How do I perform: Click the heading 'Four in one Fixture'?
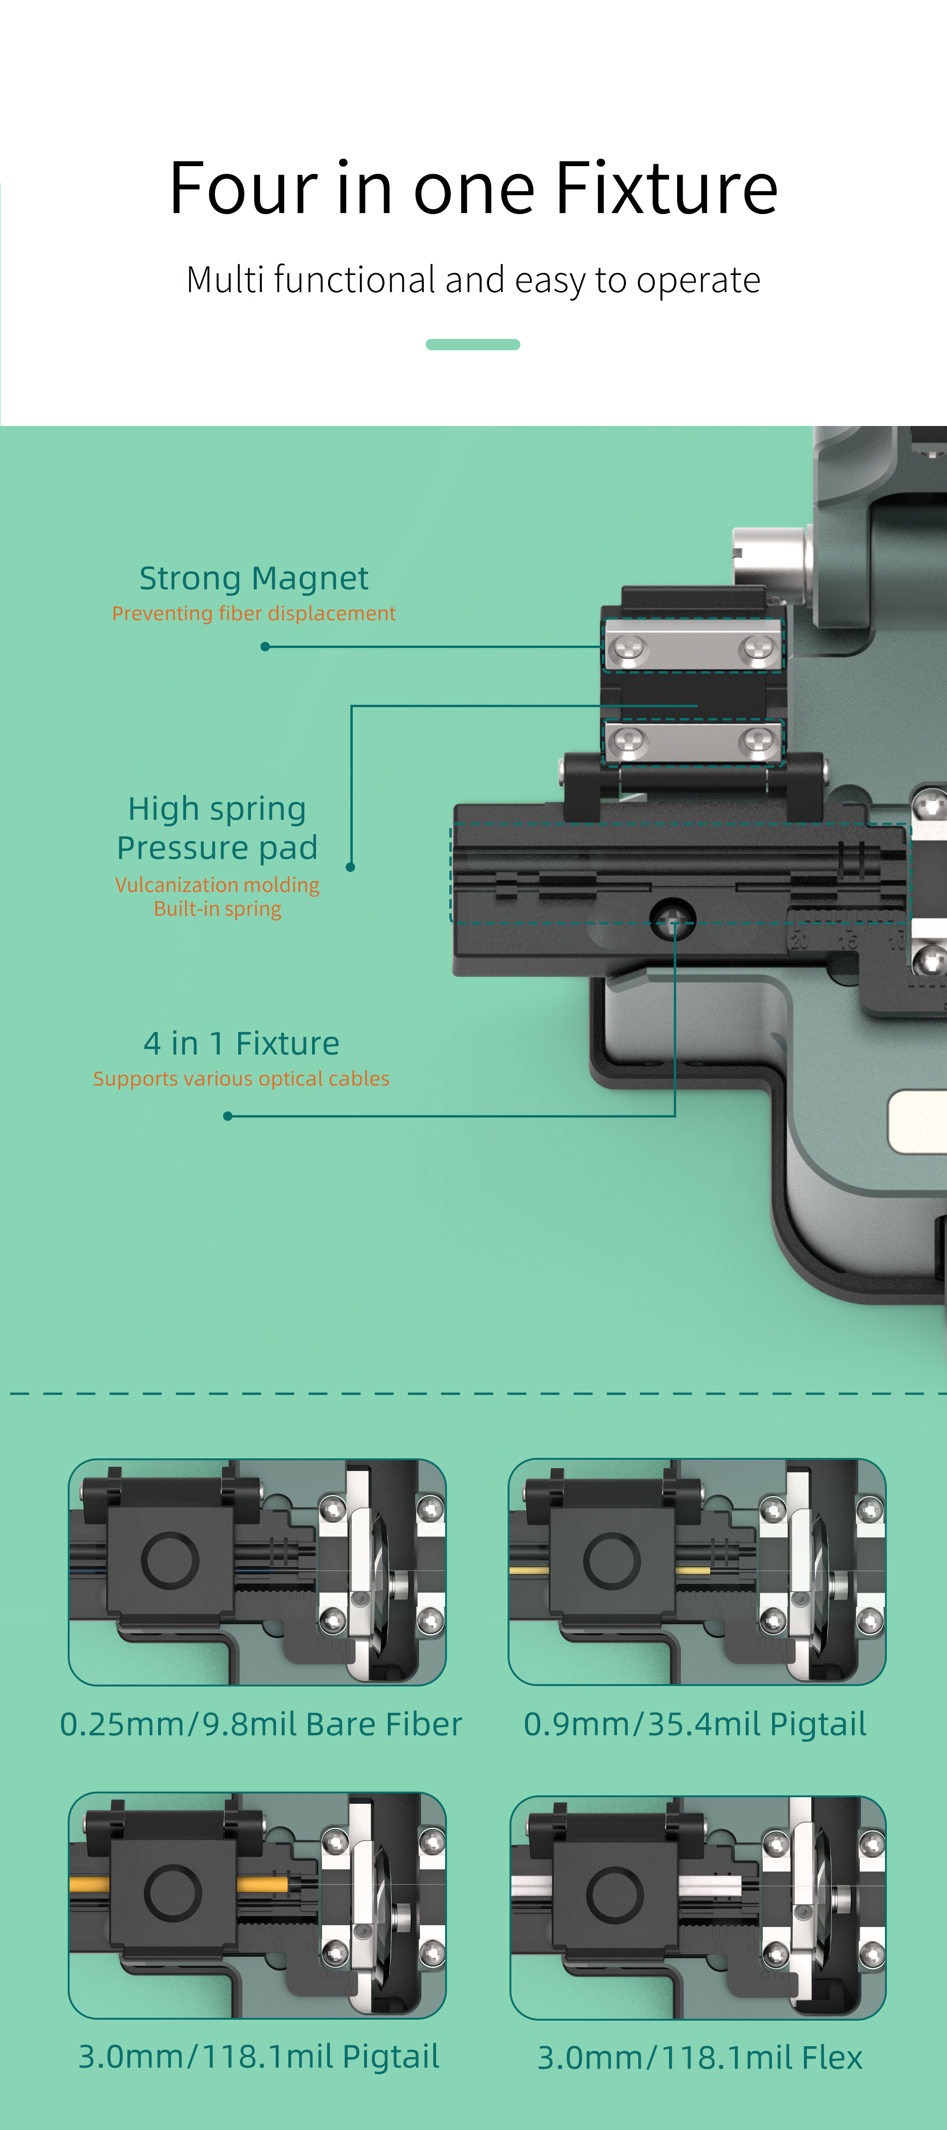[473, 188]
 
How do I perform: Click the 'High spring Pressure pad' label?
[217, 828]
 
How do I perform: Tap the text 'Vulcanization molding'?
[217, 885]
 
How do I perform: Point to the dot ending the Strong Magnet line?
[265, 647]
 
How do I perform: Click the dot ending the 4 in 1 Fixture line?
[227, 1116]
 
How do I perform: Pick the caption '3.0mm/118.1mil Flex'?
[700, 2057]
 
